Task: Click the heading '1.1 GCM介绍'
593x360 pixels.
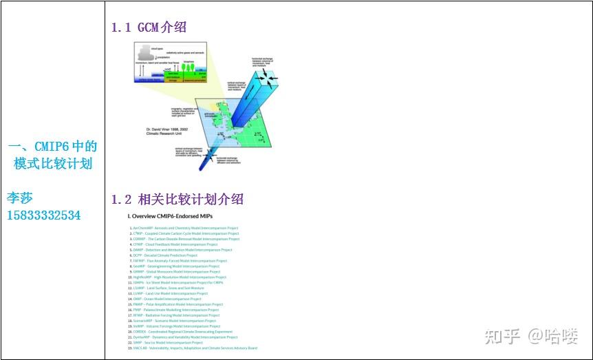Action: (149, 28)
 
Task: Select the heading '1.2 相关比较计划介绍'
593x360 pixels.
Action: (177, 200)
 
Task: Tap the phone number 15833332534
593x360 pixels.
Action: (43, 215)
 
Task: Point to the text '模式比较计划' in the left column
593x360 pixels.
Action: (53, 163)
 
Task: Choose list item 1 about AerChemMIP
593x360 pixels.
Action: (184, 228)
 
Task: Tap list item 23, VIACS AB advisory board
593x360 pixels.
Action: (193, 348)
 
